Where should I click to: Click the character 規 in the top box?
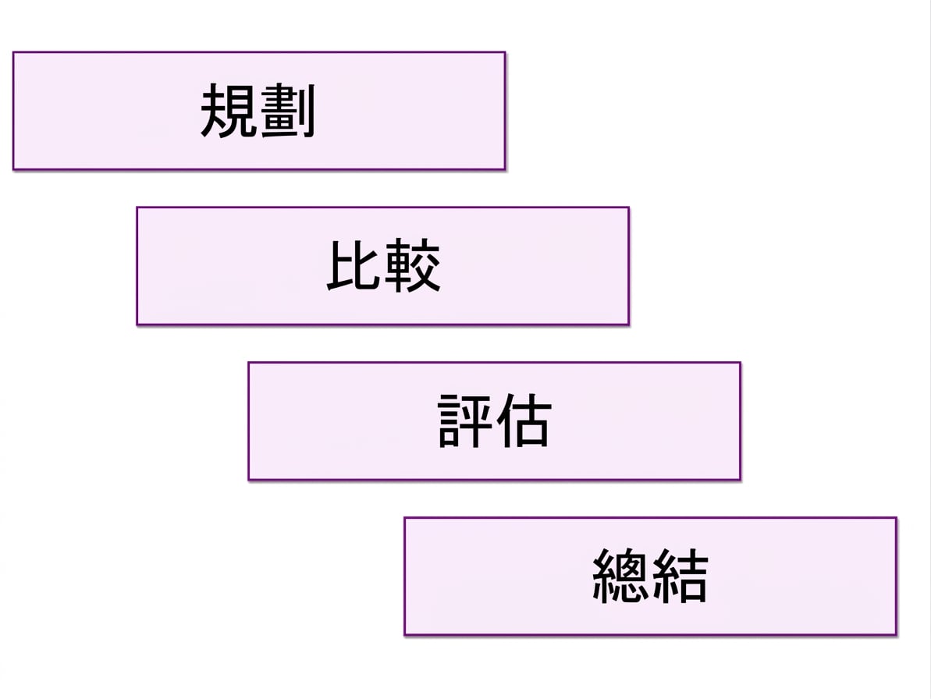(229, 110)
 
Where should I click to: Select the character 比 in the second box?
(354, 265)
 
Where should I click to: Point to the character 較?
(412, 265)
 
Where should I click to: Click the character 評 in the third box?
(465, 420)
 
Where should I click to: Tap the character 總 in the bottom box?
(620, 576)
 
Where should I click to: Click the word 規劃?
(258, 110)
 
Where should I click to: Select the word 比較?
(384, 265)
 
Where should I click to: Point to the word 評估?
(495, 420)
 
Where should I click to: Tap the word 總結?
(650, 576)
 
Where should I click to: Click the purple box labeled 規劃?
(259, 111)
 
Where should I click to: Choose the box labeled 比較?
(383, 266)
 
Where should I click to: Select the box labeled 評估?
(495, 420)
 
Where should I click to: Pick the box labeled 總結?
(650, 577)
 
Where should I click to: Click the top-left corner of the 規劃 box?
(13, 52)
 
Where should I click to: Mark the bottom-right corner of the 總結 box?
(897, 635)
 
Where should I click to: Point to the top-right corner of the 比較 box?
(629, 207)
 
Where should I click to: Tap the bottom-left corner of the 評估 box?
(248, 480)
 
